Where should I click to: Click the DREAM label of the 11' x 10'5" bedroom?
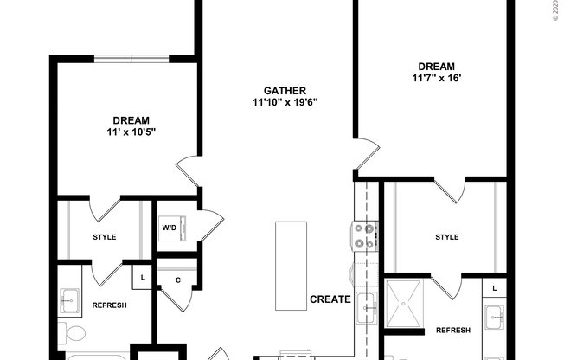pyautogui.click(x=131, y=120)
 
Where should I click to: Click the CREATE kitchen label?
pyautogui.click(x=330, y=300)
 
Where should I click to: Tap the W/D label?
pyautogui.click(x=170, y=228)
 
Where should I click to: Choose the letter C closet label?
pyautogui.click(x=177, y=280)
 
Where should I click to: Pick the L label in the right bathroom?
pyautogui.click(x=494, y=286)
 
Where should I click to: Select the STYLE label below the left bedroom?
pyautogui.click(x=105, y=237)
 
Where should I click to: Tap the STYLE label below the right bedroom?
pyautogui.click(x=447, y=237)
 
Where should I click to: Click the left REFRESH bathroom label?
pyautogui.click(x=110, y=305)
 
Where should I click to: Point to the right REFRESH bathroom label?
pyautogui.click(x=453, y=331)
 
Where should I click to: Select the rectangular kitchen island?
pyautogui.click(x=291, y=247)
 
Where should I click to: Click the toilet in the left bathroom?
pyautogui.click(x=74, y=334)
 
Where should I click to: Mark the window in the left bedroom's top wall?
pyautogui.click(x=131, y=59)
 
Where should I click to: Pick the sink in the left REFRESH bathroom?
pyautogui.click(x=68, y=303)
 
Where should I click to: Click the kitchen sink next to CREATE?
pyautogui.click(x=366, y=305)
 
